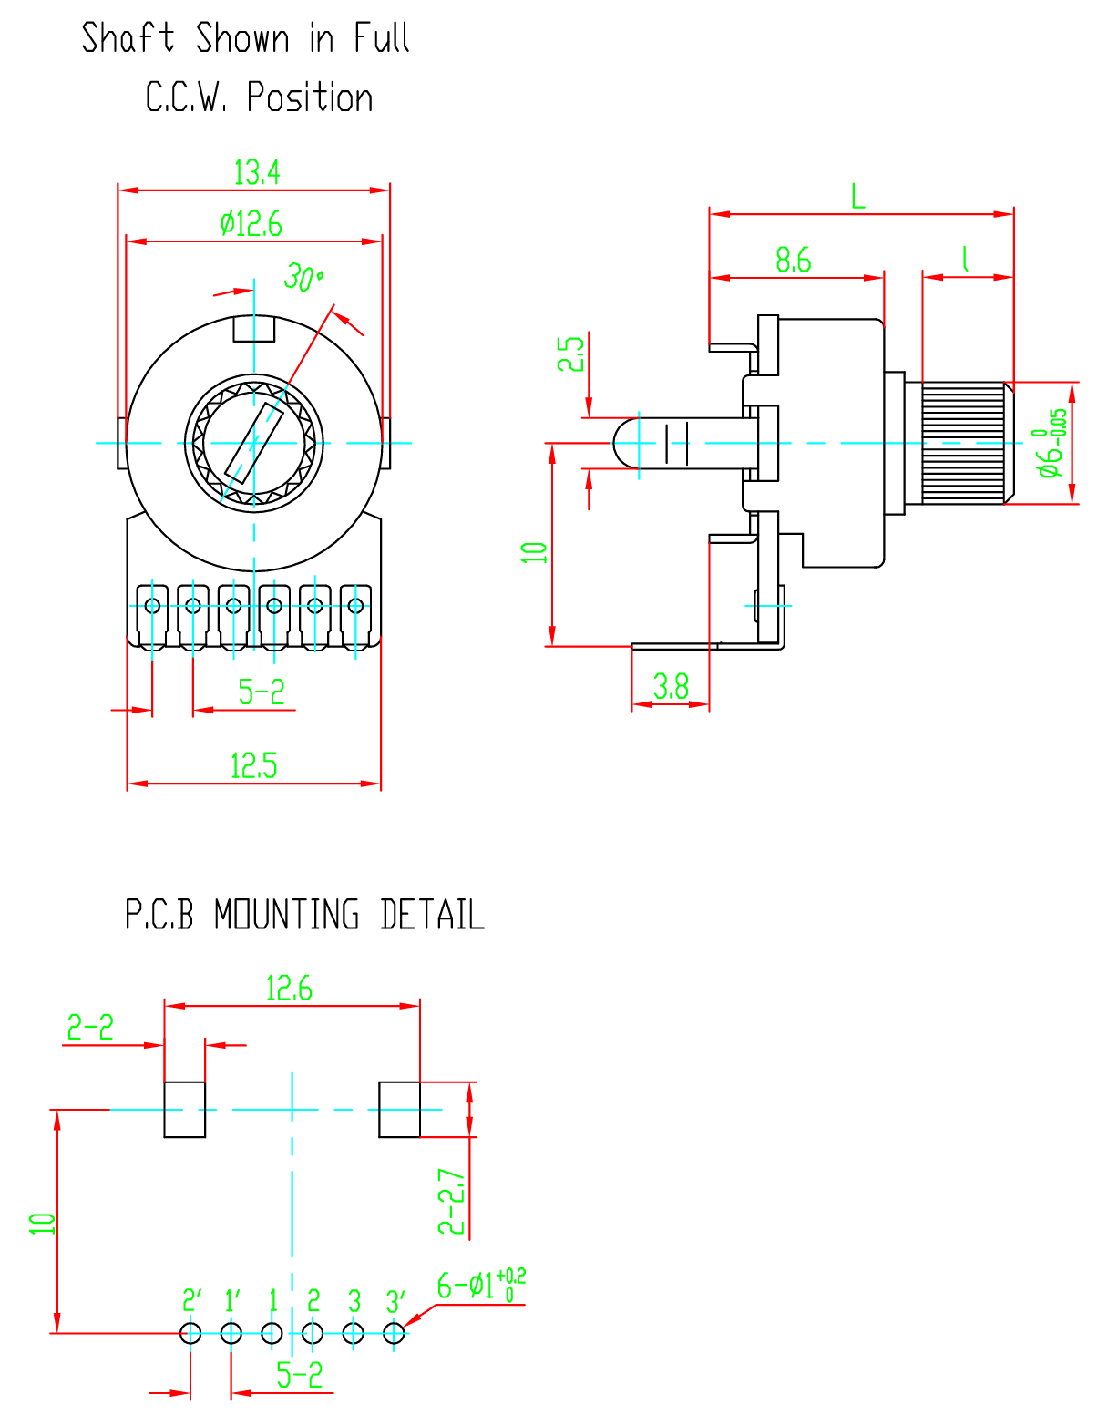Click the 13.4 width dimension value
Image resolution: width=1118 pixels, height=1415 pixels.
click(257, 172)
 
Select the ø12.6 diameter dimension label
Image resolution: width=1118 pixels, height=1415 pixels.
click(251, 223)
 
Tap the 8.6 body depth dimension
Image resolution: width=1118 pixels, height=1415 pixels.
click(793, 260)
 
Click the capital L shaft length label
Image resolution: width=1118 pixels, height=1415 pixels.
click(858, 196)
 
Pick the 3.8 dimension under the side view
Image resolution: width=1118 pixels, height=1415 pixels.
click(671, 687)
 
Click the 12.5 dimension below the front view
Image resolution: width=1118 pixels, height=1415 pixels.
click(254, 766)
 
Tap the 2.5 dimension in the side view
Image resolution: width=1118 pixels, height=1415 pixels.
click(570, 354)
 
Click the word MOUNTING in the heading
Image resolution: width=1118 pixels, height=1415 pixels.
click(287, 915)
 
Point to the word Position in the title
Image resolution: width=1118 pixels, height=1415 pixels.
click(310, 97)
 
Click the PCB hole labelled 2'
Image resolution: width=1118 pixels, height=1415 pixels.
click(190, 1334)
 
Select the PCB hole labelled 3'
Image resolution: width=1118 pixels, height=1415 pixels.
click(394, 1334)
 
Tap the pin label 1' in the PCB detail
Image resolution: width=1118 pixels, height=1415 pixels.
click(232, 1301)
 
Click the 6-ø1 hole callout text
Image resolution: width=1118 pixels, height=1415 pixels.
click(481, 1286)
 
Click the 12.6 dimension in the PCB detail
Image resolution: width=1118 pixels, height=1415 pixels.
click(289, 989)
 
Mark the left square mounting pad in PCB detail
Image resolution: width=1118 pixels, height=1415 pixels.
click(185, 1109)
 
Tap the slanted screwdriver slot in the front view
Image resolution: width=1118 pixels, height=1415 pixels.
click(254, 443)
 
